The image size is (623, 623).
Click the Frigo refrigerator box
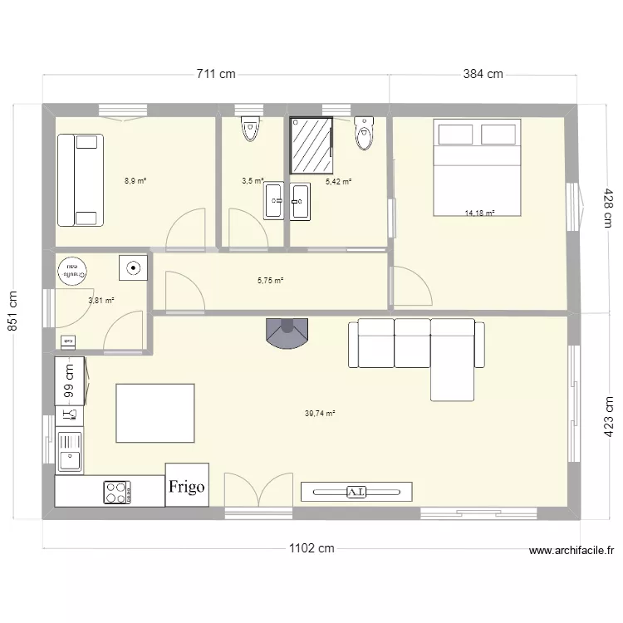pos(187,486)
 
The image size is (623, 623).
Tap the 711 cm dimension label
pos(216,74)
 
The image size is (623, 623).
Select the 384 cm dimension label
pos(483,74)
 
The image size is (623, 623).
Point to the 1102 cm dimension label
pos(311,548)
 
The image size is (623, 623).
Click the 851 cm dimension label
pos(13,311)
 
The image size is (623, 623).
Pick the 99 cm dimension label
pos(70,382)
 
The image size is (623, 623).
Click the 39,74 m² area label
pos(320,413)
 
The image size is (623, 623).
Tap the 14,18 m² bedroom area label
pos(479,213)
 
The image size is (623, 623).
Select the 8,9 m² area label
pos(135,180)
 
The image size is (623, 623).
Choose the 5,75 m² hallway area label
pos(270,281)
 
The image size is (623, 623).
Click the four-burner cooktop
pos(118,492)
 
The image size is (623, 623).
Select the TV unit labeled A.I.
pos(356,492)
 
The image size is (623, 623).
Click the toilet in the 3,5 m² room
pos(249,130)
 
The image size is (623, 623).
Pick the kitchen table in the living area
pos(155,413)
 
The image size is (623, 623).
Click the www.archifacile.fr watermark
pos(571,550)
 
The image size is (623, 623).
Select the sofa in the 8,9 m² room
pos(80,180)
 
